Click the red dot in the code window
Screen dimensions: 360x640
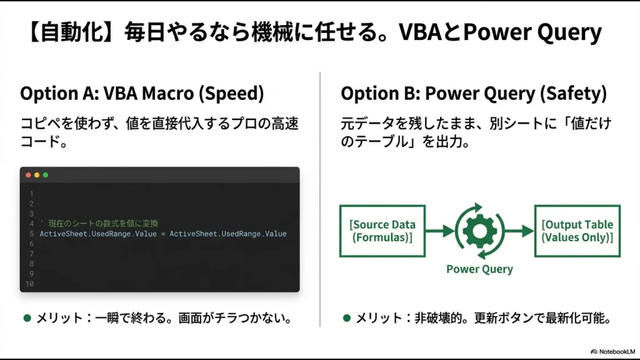(x=28, y=175)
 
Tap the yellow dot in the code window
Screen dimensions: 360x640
(x=37, y=175)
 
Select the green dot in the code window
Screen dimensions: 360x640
(x=45, y=175)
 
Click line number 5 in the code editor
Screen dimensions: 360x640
(x=31, y=234)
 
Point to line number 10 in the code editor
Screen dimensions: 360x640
(x=29, y=284)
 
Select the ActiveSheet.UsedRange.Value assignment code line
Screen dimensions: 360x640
(x=163, y=234)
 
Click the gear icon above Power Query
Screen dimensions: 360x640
(x=479, y=231)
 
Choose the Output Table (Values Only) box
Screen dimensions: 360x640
(x=577, y=231)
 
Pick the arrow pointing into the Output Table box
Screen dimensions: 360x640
(x=518, y=231)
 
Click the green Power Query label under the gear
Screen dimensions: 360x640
(x=479, y=269)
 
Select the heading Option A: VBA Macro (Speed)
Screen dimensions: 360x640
(x=142, y=94)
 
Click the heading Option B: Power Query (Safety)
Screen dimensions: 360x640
(x=473, y=94)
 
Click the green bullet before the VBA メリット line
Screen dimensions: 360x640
(x=27, y=318)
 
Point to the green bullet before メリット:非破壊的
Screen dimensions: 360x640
(x=347, y=318)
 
